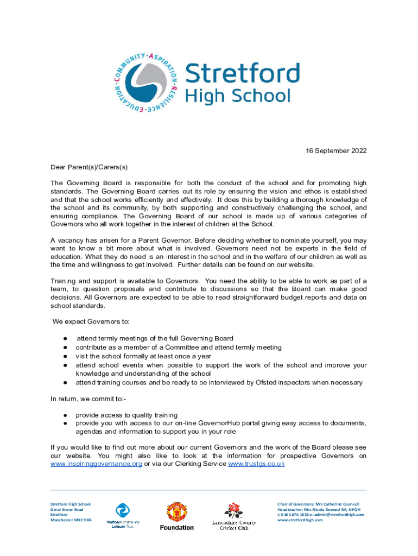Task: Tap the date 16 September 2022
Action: point(333,150)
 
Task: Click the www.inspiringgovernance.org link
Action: point(96,464)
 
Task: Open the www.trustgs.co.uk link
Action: point(256,464)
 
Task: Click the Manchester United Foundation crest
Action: point(176,512)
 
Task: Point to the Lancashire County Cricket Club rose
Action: point(233,510)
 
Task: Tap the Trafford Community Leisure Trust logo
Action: point(122,511)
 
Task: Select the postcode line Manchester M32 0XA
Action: point(71,520)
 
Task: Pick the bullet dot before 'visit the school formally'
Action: point(64,356)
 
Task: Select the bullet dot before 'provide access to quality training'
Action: point(64,414)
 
